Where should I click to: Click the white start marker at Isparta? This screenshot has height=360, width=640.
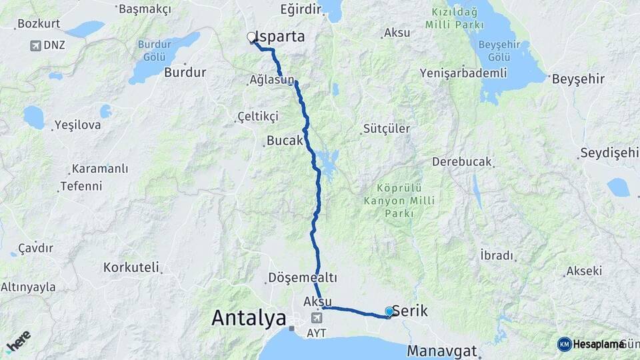[x=251, y=37]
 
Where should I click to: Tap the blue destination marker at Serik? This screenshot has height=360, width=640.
[x=389, y=311]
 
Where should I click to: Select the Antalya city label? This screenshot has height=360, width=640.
[x=249, y=319]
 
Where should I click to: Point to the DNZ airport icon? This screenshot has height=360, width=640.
[x=35, y=46]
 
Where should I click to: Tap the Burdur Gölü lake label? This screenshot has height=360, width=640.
[x=155, y=49]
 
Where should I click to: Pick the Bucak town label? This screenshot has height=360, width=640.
[x=285, y=141]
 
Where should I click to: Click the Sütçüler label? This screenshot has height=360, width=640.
[x=387, y=129]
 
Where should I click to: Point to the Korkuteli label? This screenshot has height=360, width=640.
[x=131, y=268]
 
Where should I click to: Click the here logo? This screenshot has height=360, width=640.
[x=18, y=341]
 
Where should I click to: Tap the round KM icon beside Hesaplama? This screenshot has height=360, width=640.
[x=564, y=344]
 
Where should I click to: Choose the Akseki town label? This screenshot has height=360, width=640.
[x=584, y=271]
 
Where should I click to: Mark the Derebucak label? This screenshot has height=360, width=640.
[x=461, y=161]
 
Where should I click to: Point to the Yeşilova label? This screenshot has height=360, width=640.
[x=77, y=125]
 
